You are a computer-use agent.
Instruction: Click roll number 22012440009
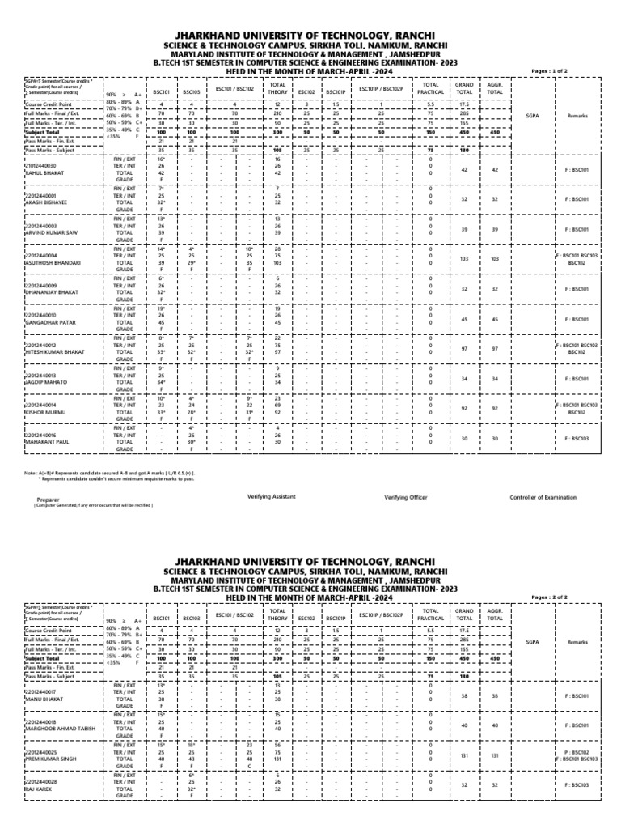(x=41, y=285)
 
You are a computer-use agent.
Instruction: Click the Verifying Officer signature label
(x=406, y=497)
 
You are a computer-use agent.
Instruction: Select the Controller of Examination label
(x=546, y=497)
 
